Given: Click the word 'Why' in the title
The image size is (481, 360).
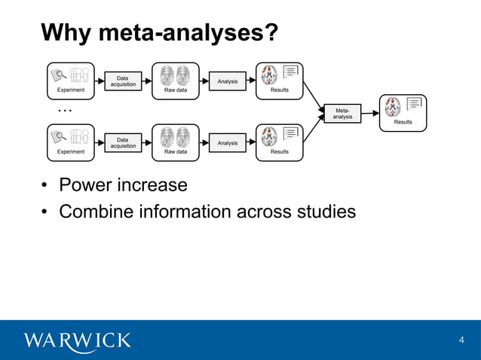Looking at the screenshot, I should click(x=66, y=33).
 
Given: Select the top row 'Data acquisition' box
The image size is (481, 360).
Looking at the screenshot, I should click(x=123, y=81).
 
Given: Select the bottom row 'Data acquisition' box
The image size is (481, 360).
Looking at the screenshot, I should click(x=123, y=142).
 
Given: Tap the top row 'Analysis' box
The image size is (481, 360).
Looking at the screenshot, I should click(x=227, y=81).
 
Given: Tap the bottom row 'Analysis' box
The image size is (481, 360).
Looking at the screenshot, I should click(x=227, y=142).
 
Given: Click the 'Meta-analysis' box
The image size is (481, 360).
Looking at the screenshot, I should click(x=342, y=113).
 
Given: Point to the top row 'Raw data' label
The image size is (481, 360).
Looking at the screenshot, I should click(x=176, y=90).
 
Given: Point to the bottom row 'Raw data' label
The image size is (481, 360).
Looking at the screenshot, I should click(x=176, y=151).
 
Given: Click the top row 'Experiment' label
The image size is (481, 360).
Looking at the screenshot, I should click(x=71, y=90).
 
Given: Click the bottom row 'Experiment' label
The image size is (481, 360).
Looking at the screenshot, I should click(x=71, y=151).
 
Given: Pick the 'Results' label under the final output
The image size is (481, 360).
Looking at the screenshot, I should click(x=403, y=122).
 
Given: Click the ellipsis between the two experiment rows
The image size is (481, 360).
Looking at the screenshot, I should click(x=65, y=111).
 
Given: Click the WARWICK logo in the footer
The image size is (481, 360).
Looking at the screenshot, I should click(x=78, y=340).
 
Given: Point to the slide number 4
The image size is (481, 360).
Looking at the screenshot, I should click(x=461, y=340).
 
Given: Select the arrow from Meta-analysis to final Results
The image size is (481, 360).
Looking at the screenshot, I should click(x=370, y=113).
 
